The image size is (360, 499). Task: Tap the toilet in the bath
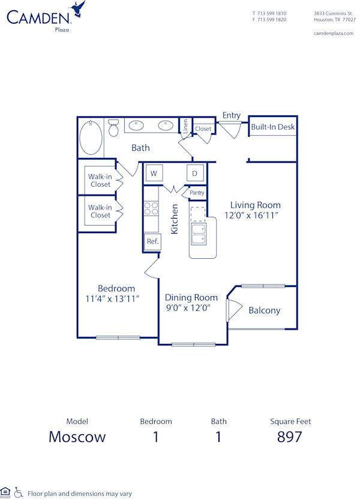coord(113,128)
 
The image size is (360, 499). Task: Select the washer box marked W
coord(154,174)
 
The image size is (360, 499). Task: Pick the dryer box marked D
coord(195,174)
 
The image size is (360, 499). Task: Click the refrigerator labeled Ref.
coord(152,241)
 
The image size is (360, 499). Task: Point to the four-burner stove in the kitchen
coord(151,208)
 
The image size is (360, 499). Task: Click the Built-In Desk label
coord(273,127)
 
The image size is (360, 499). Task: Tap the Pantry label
coord(197,193)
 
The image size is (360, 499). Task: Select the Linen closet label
coord(186,126)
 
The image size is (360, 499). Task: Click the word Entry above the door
coord(232,115)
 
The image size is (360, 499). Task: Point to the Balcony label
coord(264,310)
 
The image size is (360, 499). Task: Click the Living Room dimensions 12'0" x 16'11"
coord(252,215)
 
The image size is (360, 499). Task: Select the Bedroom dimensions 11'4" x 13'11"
coord(113,298)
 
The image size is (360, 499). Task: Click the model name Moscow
coord(77,437)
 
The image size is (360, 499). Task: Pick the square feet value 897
coord(289,437)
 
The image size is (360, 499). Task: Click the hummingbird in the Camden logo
coord(77,10)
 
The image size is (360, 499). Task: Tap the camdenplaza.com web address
coord(334,34)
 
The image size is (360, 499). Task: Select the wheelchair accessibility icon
coord(19,492)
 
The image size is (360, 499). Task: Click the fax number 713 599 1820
coord(272,20)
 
